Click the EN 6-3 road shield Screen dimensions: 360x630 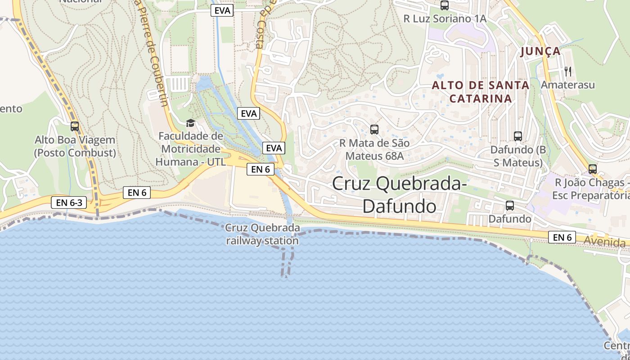click(69, 202)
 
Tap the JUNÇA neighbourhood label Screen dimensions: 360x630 click(541, 51)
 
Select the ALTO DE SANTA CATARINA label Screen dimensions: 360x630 click(481, 92)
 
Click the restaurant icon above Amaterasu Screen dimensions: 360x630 click(567, 71)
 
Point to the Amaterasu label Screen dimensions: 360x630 click(567, 85)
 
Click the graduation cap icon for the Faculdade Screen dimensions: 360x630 click(190, 123)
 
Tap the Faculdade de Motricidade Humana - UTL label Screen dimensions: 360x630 click(190, 149)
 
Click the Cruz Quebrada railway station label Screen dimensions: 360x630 click(262, 234)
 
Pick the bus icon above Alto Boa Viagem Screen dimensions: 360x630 click(75, 126)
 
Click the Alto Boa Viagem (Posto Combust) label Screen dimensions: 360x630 click(75, 146)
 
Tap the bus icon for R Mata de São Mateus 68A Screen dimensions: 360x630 click(374, 130)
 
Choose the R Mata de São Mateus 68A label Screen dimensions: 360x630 click(374, 149)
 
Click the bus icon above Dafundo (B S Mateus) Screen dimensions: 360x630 click(517, 136)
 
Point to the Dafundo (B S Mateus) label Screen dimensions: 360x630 click(517, 156)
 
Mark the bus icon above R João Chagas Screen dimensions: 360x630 click(593, 169)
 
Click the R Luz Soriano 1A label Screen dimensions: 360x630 click(445, 19)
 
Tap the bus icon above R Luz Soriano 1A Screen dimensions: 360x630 click(445, 5)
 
